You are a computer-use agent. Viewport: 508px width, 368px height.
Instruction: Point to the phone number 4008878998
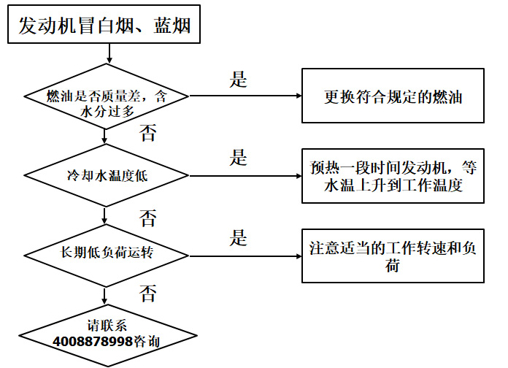pos(93,341)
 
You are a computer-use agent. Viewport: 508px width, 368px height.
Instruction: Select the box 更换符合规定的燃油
pos(393,96)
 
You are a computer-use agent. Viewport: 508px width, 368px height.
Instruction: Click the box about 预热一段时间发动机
pos(393,176)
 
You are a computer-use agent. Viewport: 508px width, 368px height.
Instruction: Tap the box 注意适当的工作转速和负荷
pos(393,256)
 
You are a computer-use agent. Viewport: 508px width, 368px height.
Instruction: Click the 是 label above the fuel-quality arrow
pos(239,80)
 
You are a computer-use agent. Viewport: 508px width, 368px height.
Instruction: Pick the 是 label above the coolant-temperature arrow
pos(239,157)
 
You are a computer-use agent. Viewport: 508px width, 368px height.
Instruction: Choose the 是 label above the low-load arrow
pos(239,237)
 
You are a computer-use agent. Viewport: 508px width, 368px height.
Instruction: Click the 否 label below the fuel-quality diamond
pos(147,132)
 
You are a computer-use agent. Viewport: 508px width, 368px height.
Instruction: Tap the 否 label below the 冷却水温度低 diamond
pos(147,217)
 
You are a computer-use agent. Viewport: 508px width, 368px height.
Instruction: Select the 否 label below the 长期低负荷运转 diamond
pos(147,294)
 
